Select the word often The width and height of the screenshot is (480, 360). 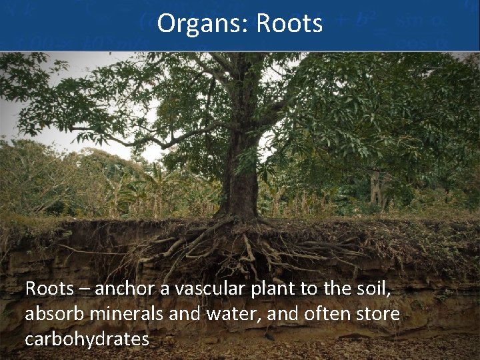click(x=321, y=314)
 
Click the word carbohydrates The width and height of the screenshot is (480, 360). click(x=87, y=339)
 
